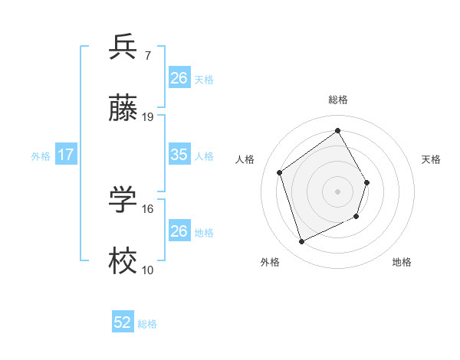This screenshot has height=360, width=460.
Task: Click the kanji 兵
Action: [x=123, y=47]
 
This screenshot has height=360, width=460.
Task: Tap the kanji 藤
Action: [x=123, y=109]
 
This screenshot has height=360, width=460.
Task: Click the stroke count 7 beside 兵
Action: [x=147, y=55]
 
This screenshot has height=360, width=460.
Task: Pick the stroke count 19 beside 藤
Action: [x=148, y=117]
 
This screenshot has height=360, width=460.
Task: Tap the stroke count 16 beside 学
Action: [x=148, y=208]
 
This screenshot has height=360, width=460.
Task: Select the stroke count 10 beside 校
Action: [x=148, y=270]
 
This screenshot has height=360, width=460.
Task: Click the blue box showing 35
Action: [x=179, y=155]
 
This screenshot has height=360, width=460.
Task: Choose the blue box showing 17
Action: [x=66, y=155]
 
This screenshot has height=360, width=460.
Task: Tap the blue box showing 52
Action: [x=123, y=323]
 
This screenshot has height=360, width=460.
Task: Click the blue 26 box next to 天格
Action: [x=179, y=77]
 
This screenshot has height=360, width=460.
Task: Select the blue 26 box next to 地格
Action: [x=179, y=231]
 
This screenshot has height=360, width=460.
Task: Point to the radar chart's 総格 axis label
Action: [x=337, y=100]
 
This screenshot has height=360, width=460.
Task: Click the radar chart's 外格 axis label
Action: [x=270, y=262]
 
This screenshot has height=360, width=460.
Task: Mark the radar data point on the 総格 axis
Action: [x=337, y=131]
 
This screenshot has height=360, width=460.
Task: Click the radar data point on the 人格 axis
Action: [x=280, y=172]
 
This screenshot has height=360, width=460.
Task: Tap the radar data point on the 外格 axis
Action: [x=301, y=242]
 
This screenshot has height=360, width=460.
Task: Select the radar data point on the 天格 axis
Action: [x=367, y=182]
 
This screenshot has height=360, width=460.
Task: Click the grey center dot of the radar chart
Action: [x=337, y=191]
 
